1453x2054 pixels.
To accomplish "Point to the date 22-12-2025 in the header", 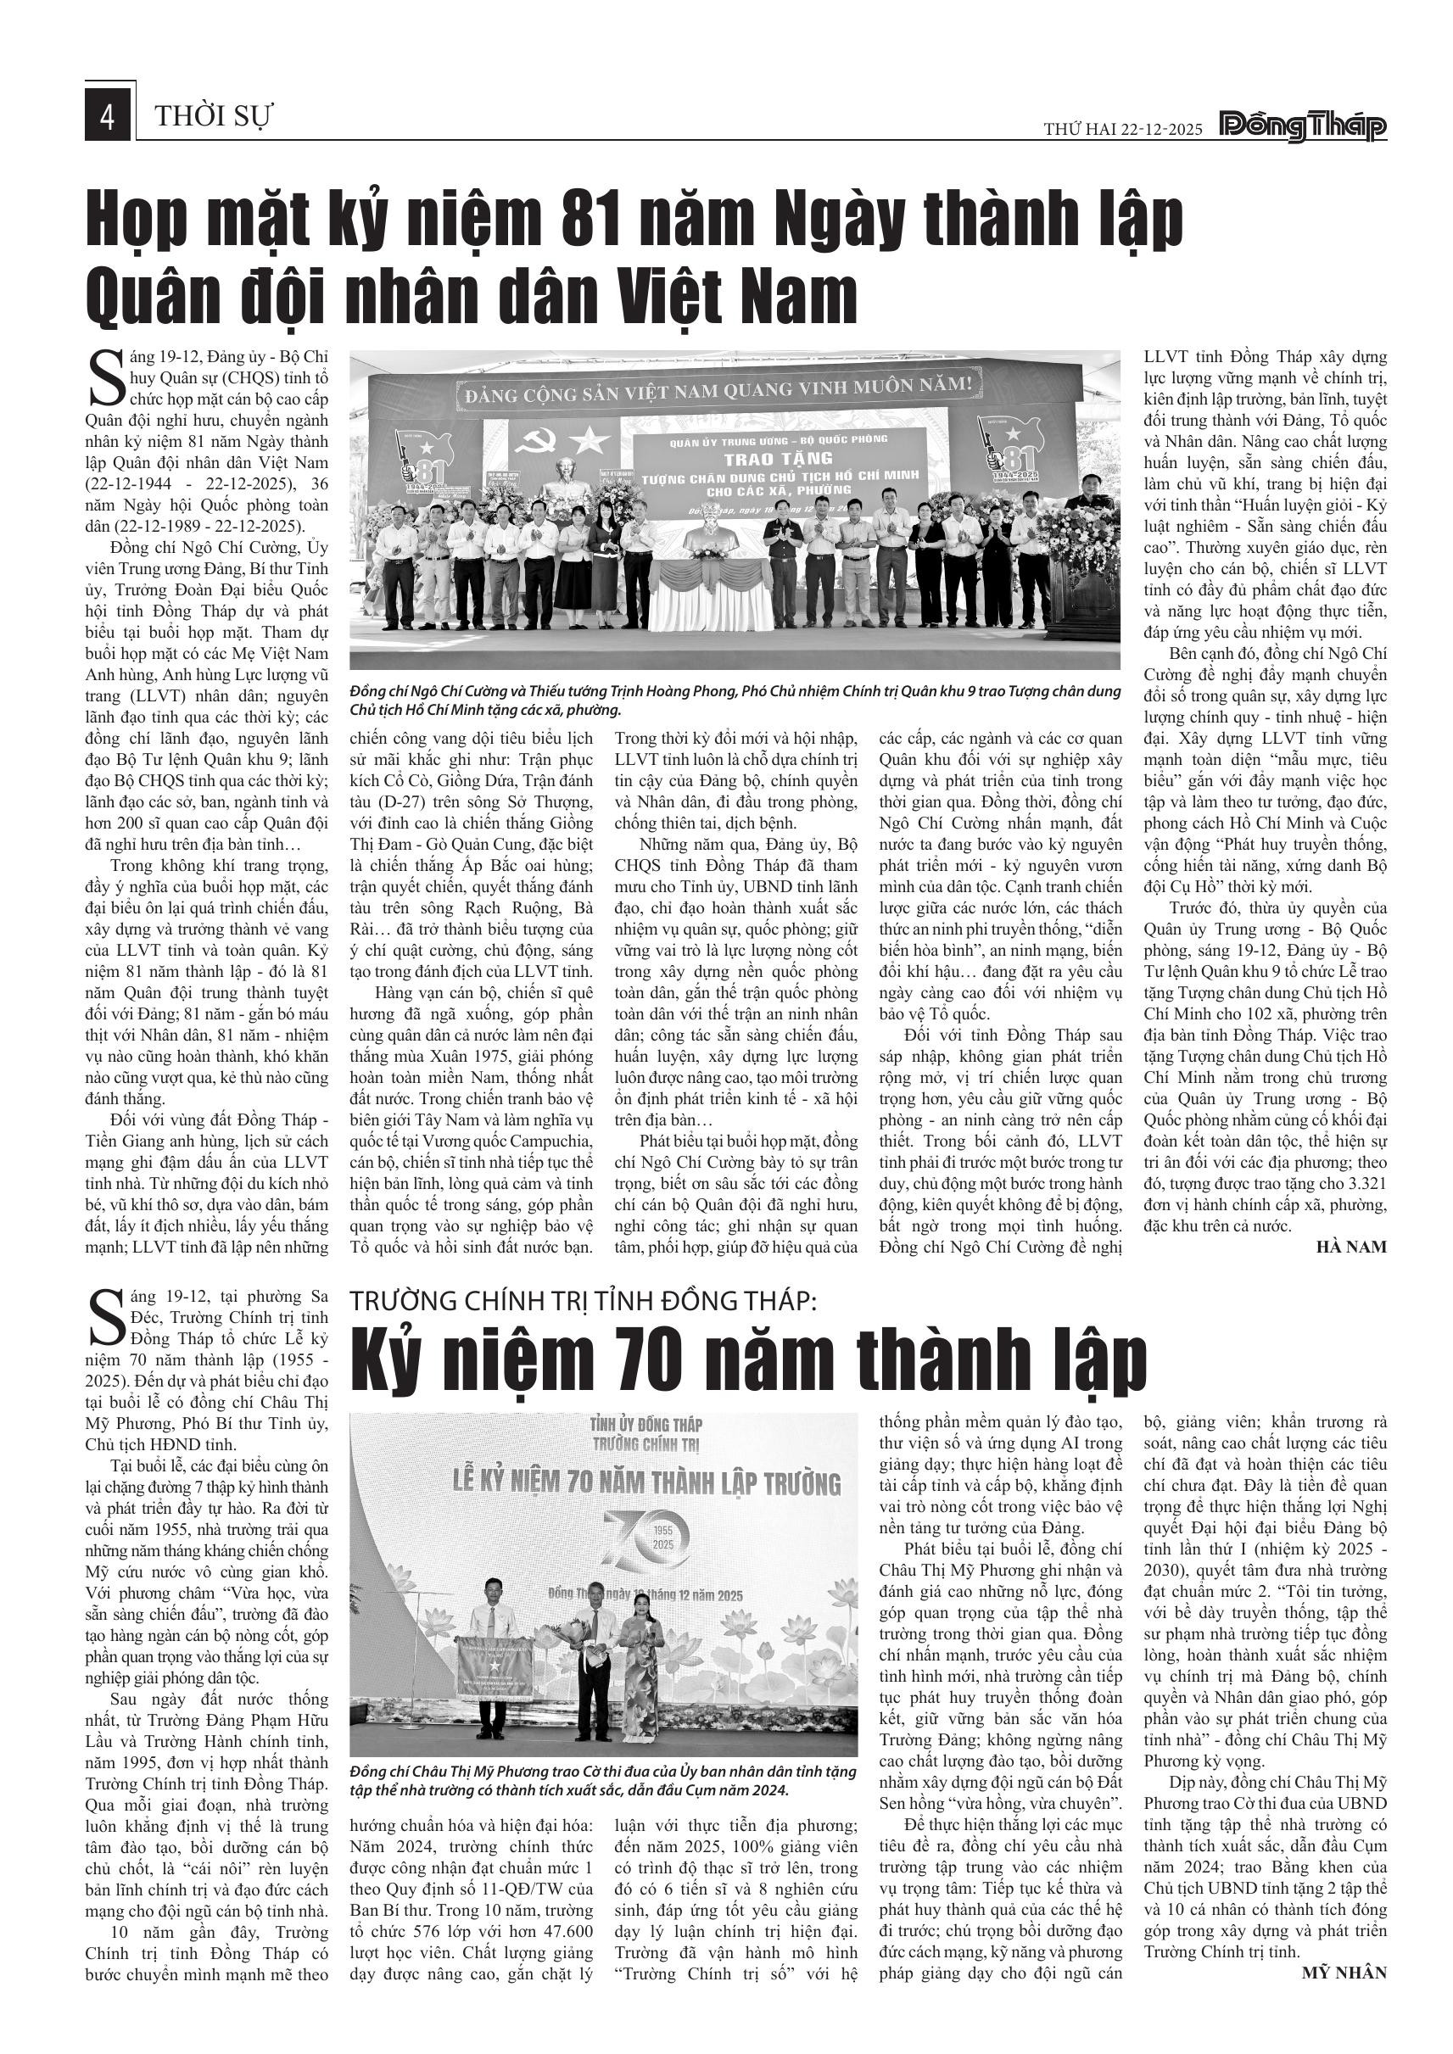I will coord(1154,130).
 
